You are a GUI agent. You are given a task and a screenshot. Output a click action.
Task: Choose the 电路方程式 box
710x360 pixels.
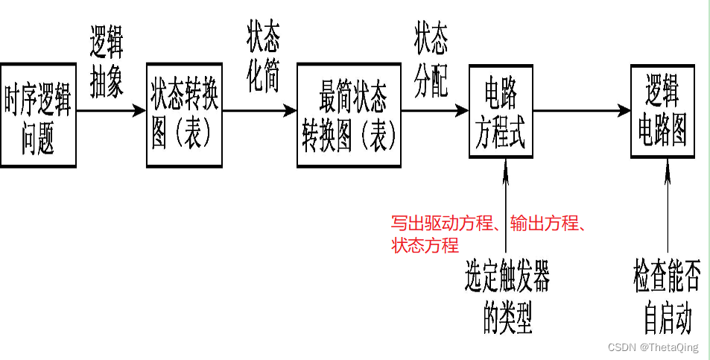[x=501, y=111]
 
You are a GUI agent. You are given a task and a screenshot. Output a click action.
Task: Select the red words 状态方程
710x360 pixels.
[x=425, y=246]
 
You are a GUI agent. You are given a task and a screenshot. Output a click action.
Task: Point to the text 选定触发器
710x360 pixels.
[x=507, y=280]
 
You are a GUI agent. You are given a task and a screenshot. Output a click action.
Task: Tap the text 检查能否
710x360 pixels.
[x=668, y=280]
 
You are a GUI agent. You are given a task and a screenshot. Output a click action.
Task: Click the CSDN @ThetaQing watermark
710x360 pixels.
[x=653, y=348]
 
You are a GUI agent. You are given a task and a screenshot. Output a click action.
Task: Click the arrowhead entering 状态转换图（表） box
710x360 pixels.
[x=140, y=111]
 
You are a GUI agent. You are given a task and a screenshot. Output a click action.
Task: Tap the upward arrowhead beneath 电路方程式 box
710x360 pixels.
[x=506, y=165]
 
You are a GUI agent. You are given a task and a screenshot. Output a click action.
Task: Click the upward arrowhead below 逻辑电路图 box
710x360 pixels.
[x=667, y=165]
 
